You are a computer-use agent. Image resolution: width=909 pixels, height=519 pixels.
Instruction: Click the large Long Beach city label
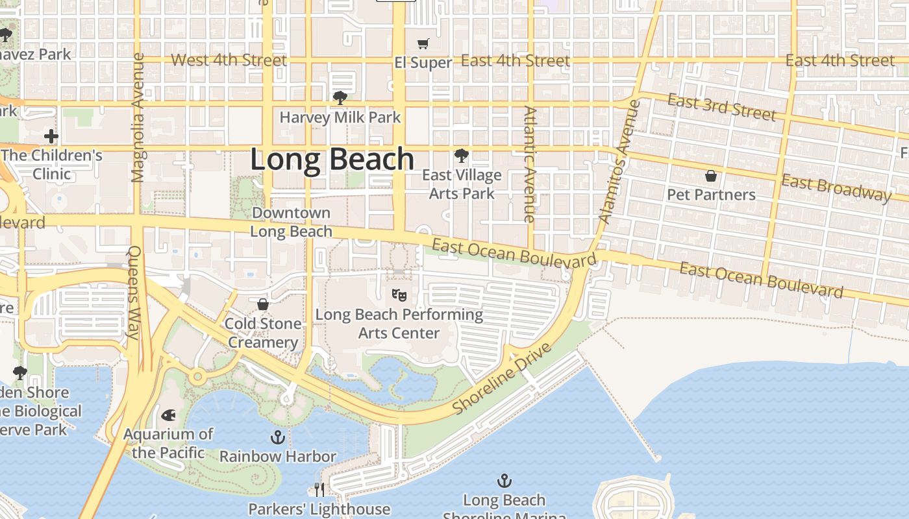coord(332,160)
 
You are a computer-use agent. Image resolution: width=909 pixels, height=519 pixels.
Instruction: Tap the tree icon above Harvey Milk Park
coord(339,98)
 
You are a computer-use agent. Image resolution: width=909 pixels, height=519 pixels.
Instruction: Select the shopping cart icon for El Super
coord(423,43)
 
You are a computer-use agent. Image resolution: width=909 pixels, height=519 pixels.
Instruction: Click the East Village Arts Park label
coord(462,184)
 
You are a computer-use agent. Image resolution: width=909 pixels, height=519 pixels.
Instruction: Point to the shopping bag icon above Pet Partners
coord(711,176)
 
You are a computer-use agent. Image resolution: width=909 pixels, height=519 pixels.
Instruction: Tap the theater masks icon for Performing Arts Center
coord(399,295)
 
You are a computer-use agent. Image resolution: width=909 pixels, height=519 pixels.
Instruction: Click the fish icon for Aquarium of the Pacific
coord(168,415)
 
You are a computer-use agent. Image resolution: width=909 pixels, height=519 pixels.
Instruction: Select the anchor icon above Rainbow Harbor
coord(278,437)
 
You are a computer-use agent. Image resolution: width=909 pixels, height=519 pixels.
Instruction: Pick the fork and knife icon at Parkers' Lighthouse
coord(319,489)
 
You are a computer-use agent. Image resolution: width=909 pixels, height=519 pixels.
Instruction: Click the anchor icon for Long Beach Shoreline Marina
coord(504,481)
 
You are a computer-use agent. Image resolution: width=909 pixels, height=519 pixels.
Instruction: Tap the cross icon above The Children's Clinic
coord(51,136)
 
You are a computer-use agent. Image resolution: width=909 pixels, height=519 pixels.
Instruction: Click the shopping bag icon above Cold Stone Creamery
coord(263,304)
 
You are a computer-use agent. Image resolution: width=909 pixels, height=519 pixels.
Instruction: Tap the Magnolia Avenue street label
coord(137,117)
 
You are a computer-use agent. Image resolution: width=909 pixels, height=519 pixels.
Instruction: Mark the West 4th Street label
coord(229,60)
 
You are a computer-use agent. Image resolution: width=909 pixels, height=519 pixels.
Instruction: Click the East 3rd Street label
coord(721,108)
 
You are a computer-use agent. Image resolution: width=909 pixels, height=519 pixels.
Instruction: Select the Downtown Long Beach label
coord(291,222)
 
